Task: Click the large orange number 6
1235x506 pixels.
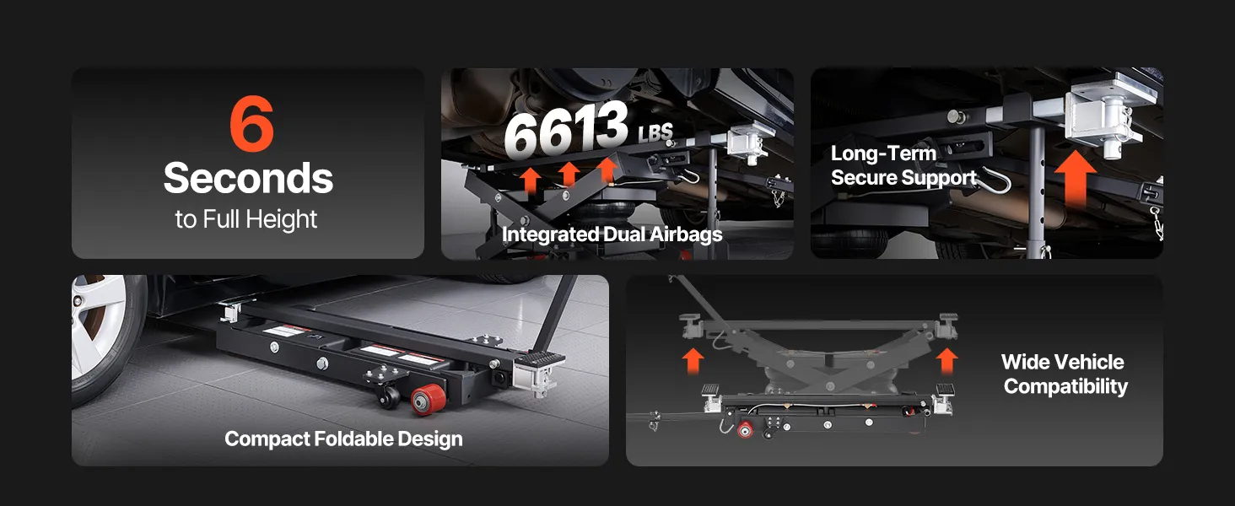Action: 251,123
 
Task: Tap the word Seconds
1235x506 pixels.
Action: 248,178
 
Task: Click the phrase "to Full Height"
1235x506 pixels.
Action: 245,219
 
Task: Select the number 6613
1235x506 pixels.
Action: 566,130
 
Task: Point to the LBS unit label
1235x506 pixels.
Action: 655,133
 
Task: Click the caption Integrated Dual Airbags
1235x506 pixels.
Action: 612,234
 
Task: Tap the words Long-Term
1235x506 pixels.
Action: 883,153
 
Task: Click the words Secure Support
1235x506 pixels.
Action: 903,177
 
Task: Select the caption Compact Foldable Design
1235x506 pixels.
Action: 343,439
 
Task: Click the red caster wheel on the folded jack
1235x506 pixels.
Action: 428,399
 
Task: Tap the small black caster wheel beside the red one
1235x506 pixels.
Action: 389,396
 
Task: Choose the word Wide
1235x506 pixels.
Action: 1024,362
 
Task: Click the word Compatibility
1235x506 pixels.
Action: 1065,386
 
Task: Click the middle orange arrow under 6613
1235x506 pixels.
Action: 569,175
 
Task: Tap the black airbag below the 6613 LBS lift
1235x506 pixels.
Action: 606,213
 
